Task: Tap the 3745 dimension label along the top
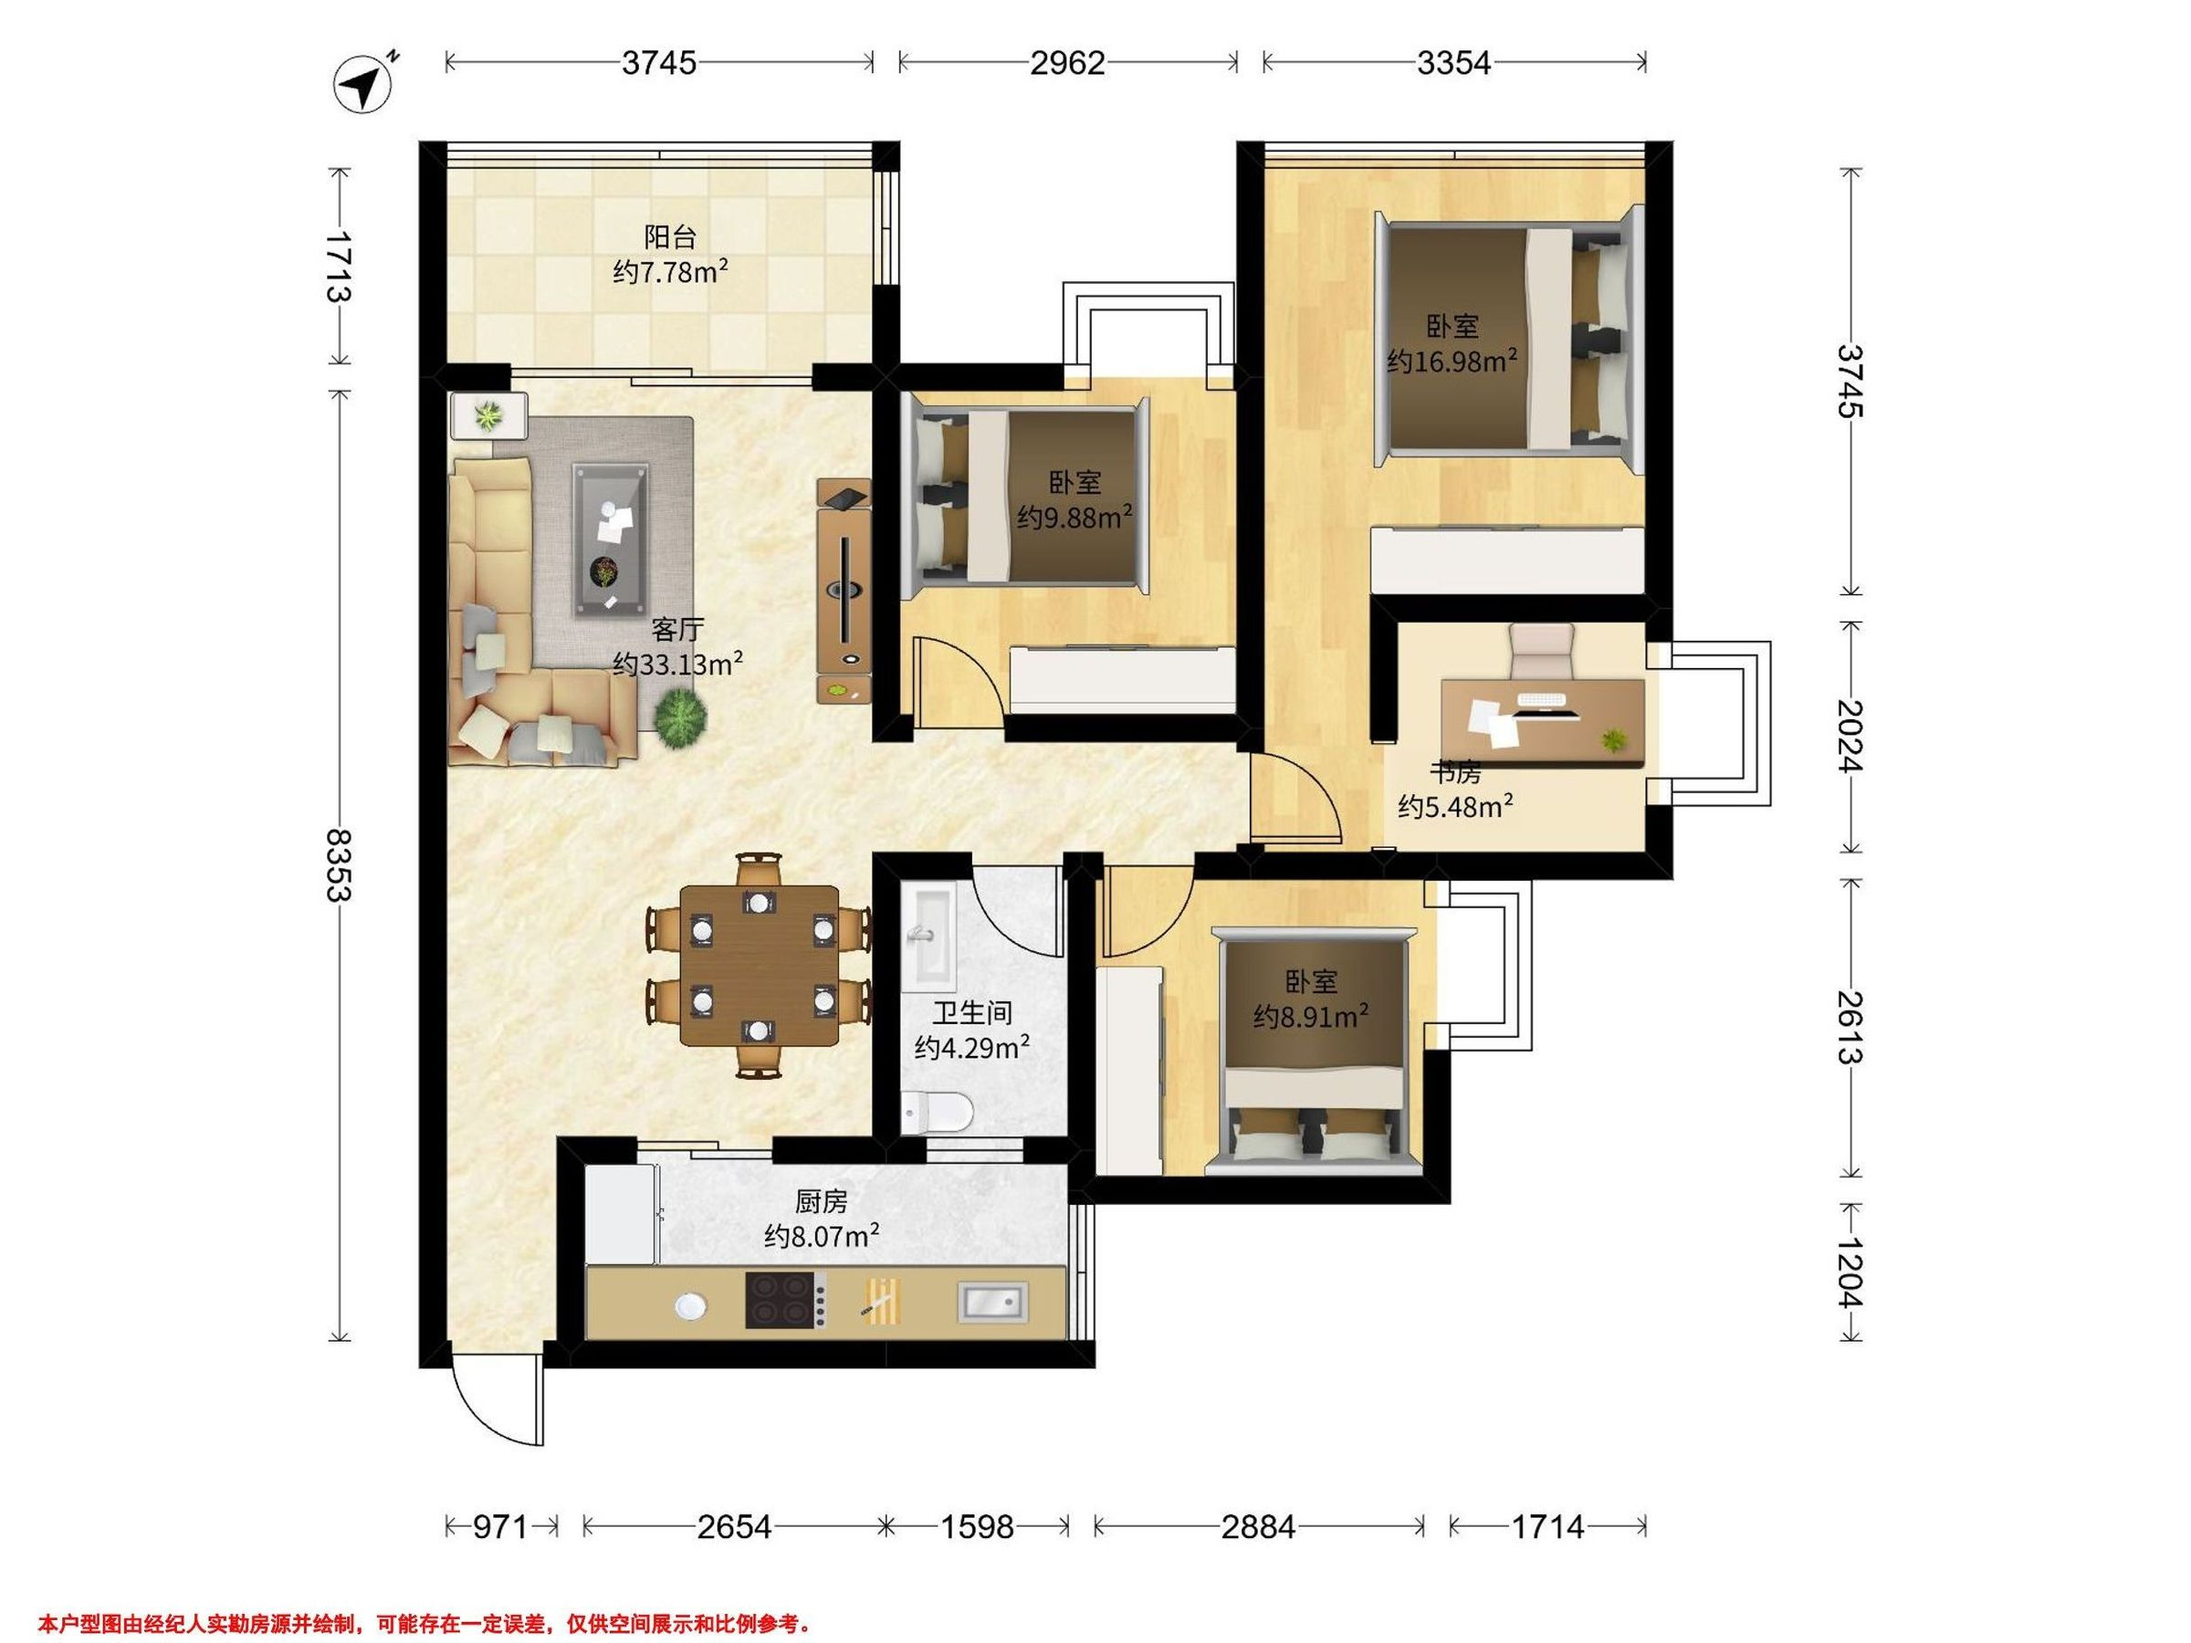click(x=659, y=63)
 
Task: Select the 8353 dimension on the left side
click(x=340, y=864)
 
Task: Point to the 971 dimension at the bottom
click(x=499, y=1527)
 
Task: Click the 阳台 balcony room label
click(x=671, y=236)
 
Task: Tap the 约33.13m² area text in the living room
click(x=677, y=663)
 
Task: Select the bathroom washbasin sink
click(x=928, y=935)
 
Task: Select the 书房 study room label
click(x=1454, y=771)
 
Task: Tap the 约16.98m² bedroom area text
click(x=1452, y=361)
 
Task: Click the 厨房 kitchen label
click(x=821, y=1202)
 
